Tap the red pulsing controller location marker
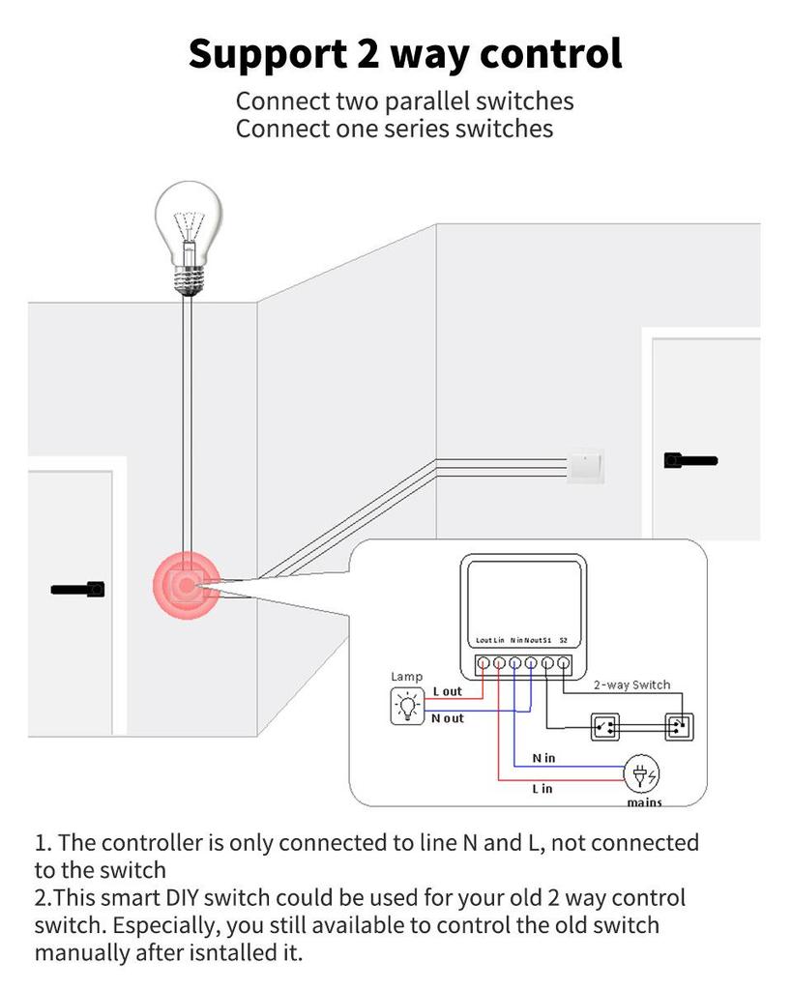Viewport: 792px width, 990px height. (x=185, y=586)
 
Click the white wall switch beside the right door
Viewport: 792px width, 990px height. (x=586, y=466)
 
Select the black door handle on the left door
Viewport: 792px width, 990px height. (x=78, y=588)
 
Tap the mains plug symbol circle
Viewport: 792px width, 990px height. (x=642, y=774)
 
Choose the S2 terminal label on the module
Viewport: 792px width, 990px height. (x=564, y=640)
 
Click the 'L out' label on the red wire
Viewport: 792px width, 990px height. (x=448, y=691)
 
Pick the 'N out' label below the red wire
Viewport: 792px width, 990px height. (x=448, y=718)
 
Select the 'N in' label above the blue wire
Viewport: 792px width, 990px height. (x=543, y=758)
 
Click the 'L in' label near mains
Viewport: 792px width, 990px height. (x=543, y=789)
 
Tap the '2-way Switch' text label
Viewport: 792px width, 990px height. (x=631, y=684)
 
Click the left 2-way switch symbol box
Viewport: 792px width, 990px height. (x=605, y=726)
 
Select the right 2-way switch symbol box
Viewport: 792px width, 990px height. (x=679, y=726)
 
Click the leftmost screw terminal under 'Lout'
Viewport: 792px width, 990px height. (x=483, y=664)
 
